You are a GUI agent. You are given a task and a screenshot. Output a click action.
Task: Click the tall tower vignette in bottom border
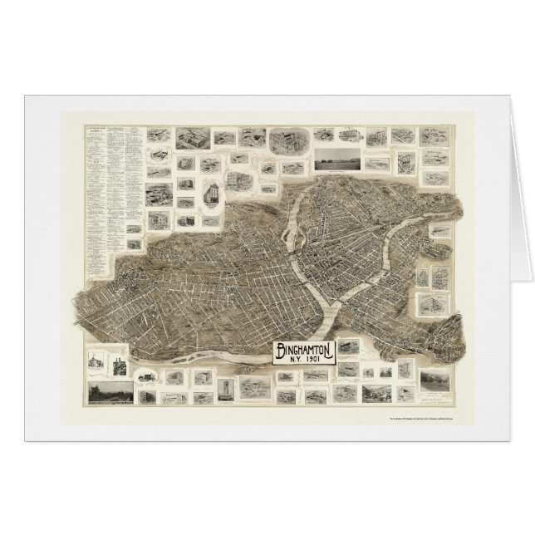click(227, 387)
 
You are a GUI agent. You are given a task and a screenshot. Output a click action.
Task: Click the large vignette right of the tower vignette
click(256, 387)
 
